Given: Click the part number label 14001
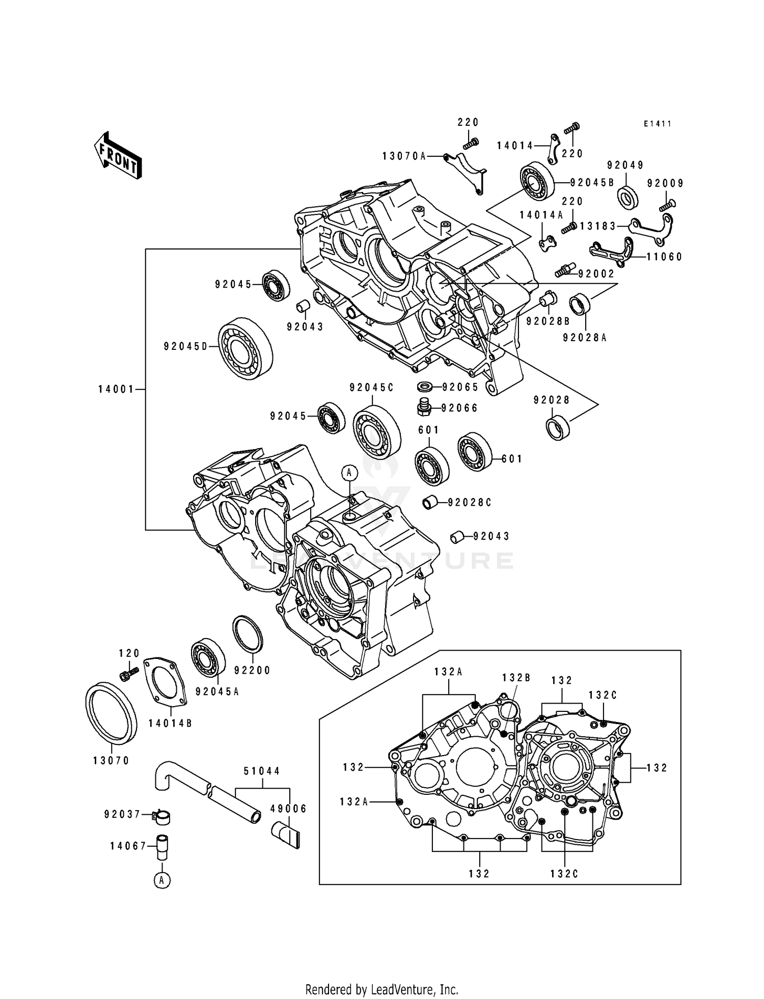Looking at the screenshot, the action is (116, 390).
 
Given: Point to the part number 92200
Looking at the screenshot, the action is (253, 671).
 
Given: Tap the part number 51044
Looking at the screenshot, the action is (262, 771).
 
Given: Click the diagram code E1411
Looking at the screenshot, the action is (657, 124).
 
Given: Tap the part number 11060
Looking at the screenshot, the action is (664, 257).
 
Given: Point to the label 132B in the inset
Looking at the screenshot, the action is (516, 678).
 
